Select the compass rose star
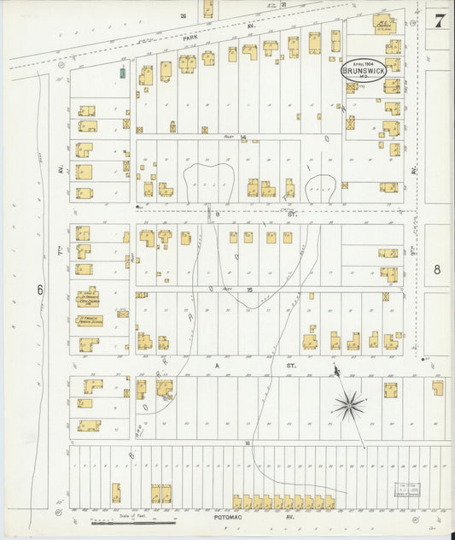pos(348,404)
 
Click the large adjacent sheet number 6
pos(39,290)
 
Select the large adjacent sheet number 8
pos(437,269)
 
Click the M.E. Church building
pos(385,26)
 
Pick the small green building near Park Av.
pos(123,74)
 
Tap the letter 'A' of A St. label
pos(217,363)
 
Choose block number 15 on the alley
pos(249,290)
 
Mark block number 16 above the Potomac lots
pos(248,443)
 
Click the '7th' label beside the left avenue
pos(62,233)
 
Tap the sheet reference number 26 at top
pos(183,15)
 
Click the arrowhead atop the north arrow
pos(336,370)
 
